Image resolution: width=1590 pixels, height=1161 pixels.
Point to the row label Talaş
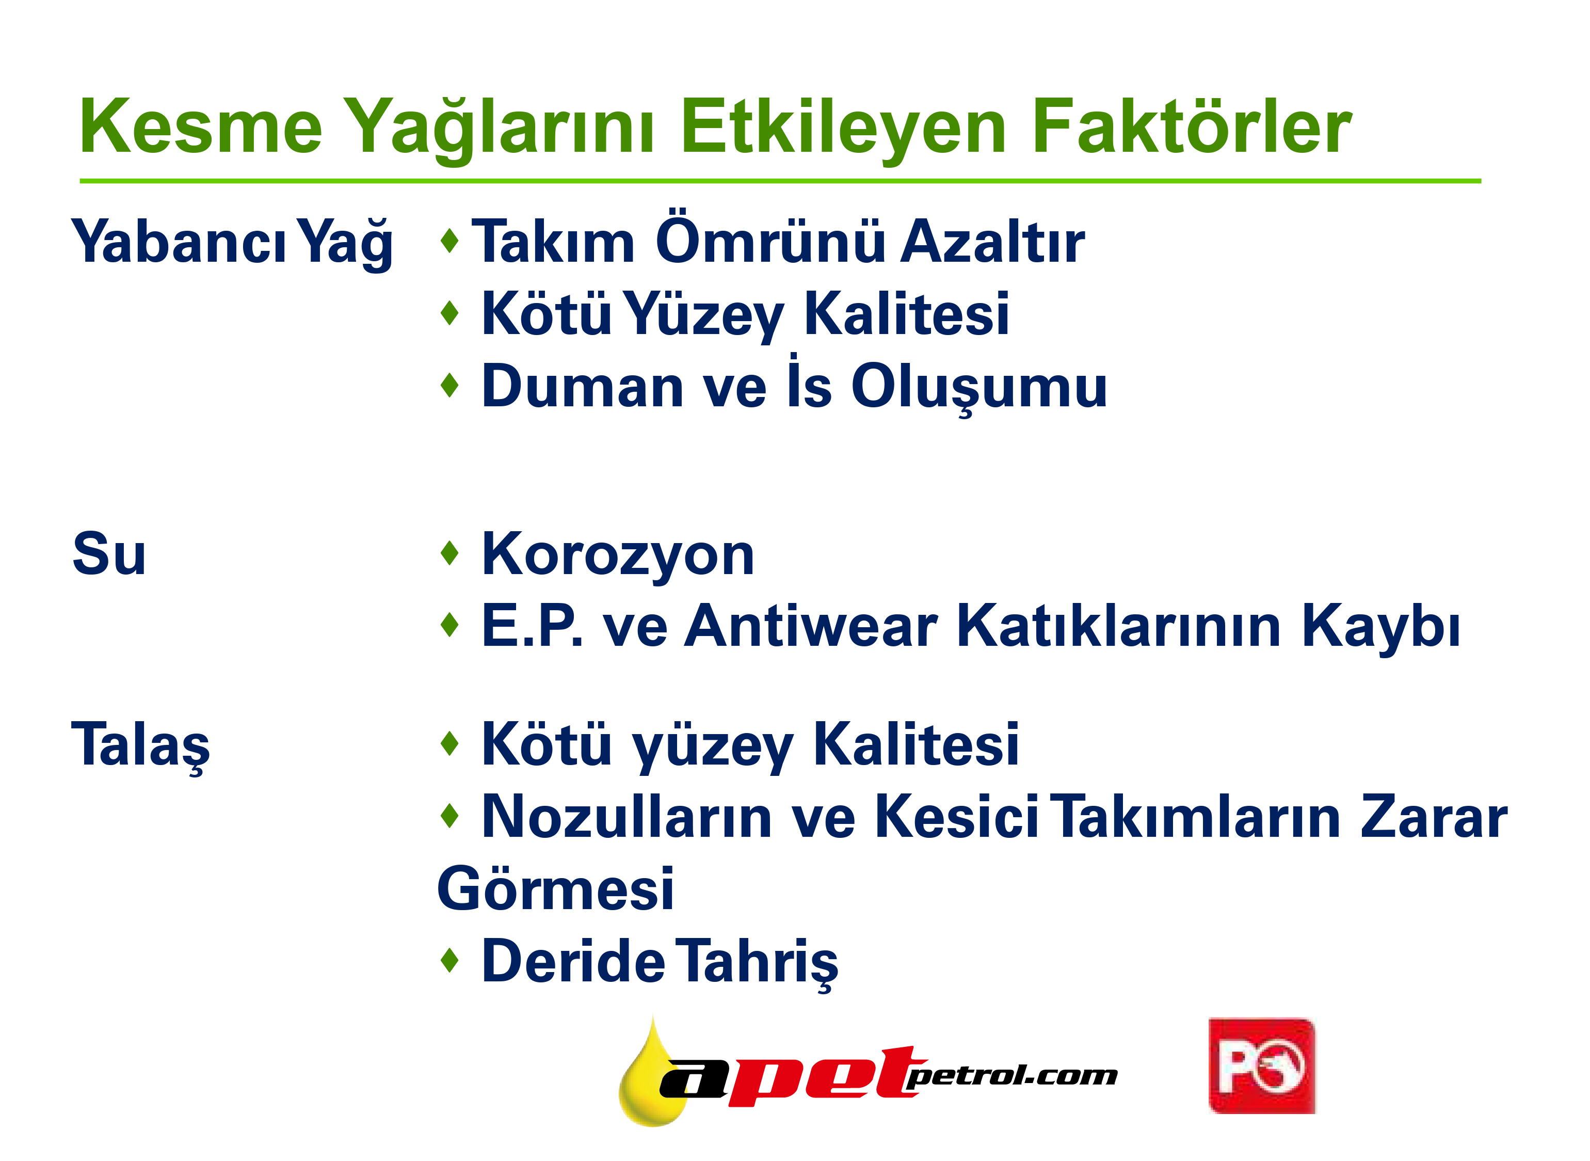(x=140, y=746)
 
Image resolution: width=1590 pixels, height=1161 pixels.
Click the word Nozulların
(x=627, y=817)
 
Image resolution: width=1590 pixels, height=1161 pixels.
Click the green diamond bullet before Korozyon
(x=449, y=552)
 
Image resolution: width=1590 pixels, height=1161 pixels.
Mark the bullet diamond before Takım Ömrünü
(x=449, y=241)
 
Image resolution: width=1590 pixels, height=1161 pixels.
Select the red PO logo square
(x=1262, y=1066)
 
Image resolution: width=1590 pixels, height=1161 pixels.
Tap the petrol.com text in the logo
(x=1012, y=1075)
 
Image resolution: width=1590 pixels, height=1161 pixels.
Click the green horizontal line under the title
(x=781, y=181)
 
